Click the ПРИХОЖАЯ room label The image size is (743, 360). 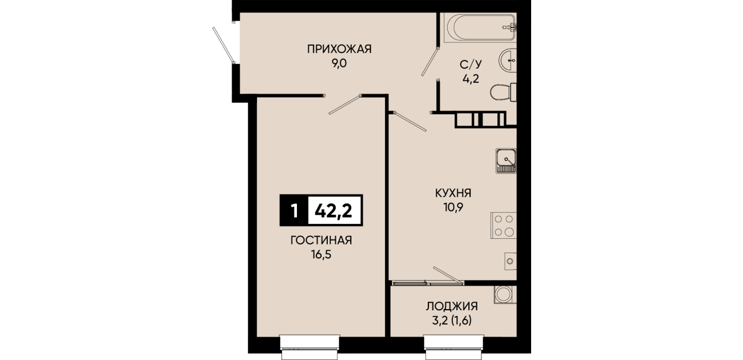click(x=339, y=49)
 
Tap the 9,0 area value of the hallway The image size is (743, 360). click(x=339, y=63)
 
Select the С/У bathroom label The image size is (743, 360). click(x=471, y=65)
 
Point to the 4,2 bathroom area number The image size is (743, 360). click(x=471, y=79)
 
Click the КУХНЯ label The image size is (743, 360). click(x=453, y=193)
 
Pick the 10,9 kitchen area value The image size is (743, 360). click(x=453, y=207)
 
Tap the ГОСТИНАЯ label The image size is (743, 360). click(x=321, y=240)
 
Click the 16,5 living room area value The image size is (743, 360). click(x=321, y=254)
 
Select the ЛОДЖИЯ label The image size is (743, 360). click(x=452, y=306)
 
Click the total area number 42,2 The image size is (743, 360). click(x=334, y=211)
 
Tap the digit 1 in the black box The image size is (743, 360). click(x=294, y=211)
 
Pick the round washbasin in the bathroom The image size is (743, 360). click(x=508, y=60)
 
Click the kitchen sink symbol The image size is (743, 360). click(x=506, y=161)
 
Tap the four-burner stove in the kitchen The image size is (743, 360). click(x=504, y=225)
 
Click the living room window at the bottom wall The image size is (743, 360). click(x=310, y=347)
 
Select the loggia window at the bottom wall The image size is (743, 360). click(x=454, y=347)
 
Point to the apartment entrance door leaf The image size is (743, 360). click(x=223, y=45)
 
